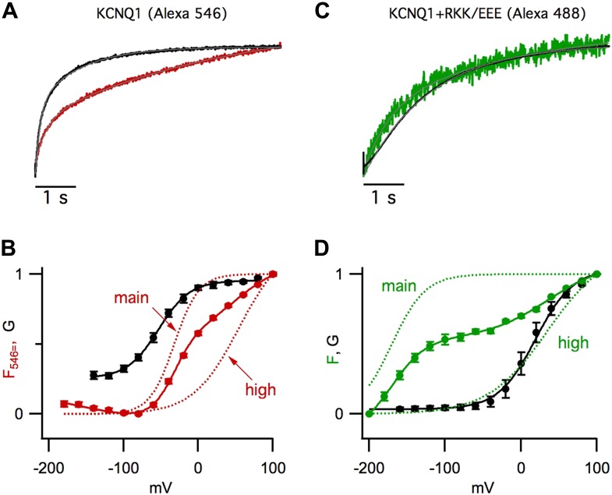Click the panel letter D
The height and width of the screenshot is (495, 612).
coord(337,254)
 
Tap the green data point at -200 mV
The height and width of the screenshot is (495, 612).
coord(370,413)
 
